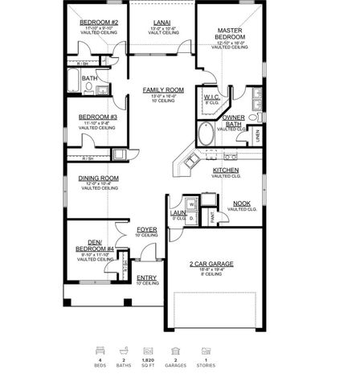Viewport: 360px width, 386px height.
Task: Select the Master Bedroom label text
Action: [x=228, y=35]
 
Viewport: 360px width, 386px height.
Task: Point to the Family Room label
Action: [x=164, y=90]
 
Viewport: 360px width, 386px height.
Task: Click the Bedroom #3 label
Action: [x=98, y=117]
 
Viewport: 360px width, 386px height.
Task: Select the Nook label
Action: [x=241, y=203]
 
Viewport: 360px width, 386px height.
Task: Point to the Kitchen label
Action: [x=225, y=170]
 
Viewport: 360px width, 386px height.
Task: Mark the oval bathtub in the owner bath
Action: [x=206, y=133]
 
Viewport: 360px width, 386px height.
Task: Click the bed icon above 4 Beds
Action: [x=100, y=351]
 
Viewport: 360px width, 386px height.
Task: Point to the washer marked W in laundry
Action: [x=191, y=204]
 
